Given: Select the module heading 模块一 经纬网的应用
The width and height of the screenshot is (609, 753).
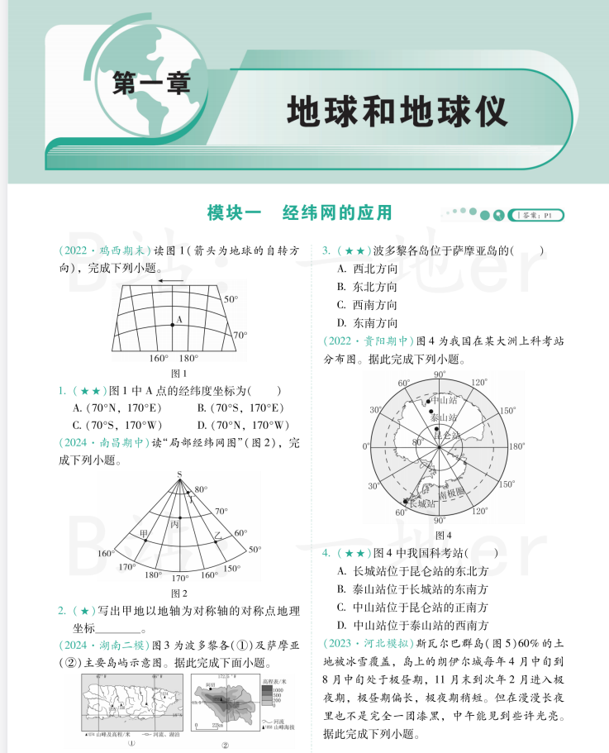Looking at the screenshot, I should pos(298,212).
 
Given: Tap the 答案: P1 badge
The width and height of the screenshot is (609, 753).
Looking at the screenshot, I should pos(538,215).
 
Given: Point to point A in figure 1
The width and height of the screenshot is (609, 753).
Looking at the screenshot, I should pos(173,325).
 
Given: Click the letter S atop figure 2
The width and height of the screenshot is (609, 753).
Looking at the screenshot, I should pos(178,474).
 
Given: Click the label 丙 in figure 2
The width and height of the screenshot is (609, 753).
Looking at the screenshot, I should pos(174,524).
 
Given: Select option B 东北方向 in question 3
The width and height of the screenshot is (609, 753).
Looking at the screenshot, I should pos(367,287).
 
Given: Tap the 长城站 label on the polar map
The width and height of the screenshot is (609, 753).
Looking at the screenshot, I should pos(422,503).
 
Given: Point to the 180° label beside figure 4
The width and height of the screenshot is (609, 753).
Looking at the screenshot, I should pos(516,446).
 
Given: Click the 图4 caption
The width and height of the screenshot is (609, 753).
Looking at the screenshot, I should pos(443,534).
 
